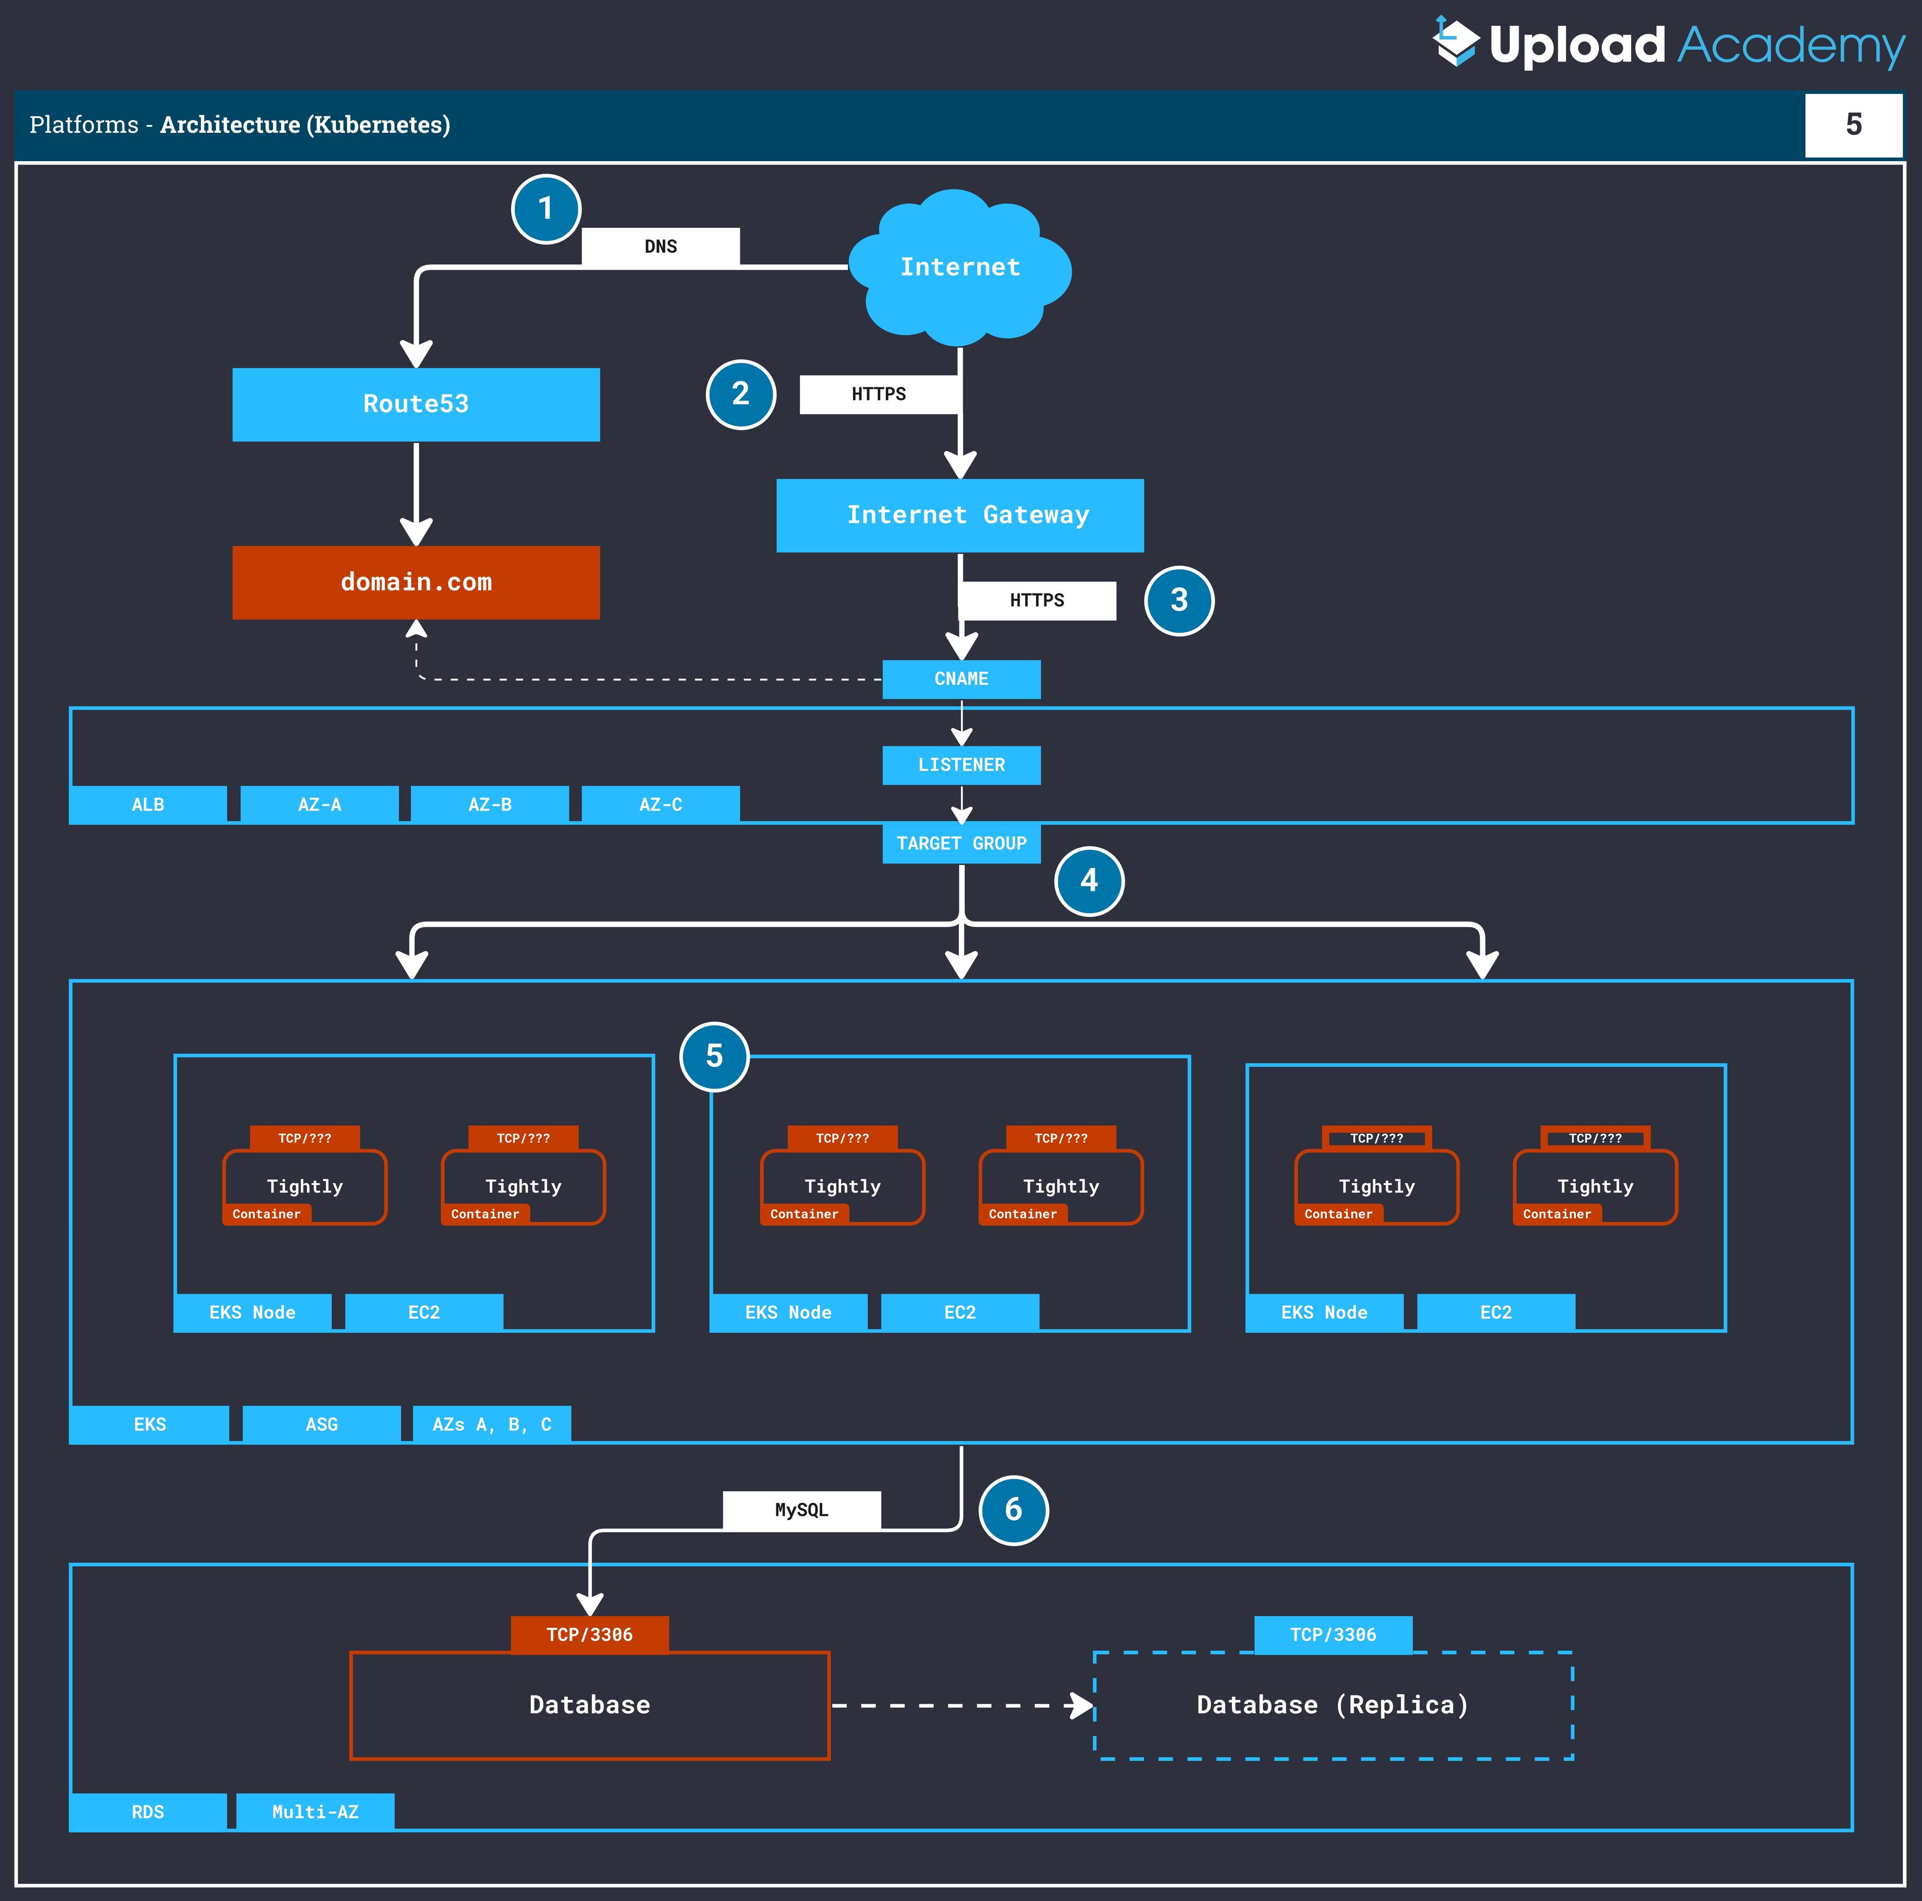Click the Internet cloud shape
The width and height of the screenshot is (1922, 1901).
(x=960, y=267)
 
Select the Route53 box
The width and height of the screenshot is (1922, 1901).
(x=416, y=404)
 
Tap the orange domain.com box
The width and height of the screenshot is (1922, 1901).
(x=416, y=582)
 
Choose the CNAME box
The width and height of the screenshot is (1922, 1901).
(x=961, y=679)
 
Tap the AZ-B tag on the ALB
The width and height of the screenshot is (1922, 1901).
(x=489, y=804)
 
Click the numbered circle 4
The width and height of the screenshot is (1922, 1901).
(x=1089, y=881)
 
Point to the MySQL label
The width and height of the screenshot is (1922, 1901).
(x=802, y=1510)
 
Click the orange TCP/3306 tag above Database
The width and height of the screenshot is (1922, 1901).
(x=590, y=1634)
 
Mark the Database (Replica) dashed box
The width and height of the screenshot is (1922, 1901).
(x=1333, y=1705)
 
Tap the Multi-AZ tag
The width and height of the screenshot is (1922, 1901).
(x=316, y=1811)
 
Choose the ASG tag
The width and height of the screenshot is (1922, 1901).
(x=321, y=1424)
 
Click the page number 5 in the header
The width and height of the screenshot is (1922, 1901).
(x=1853, y=125)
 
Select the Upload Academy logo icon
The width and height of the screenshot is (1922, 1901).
(x=1456, y=42)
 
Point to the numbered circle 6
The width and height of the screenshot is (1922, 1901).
(x=1014, y=1510)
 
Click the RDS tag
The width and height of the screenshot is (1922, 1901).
(x=148, y=1811)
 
